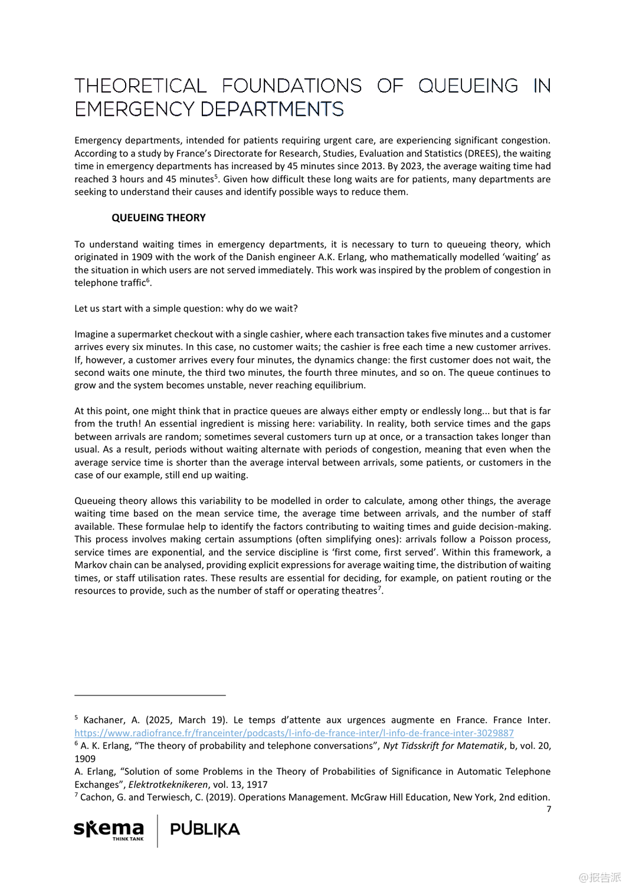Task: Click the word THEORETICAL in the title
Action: coord(140,86)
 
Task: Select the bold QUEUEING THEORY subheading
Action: coord(158,218)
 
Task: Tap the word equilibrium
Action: coord(339,385)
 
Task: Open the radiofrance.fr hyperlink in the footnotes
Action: coord(294,733)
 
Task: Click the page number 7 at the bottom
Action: coord(549,809)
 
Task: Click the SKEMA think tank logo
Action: coord(109,830)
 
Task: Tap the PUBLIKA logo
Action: coord(205,830)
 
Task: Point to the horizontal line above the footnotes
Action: coord(150,696)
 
